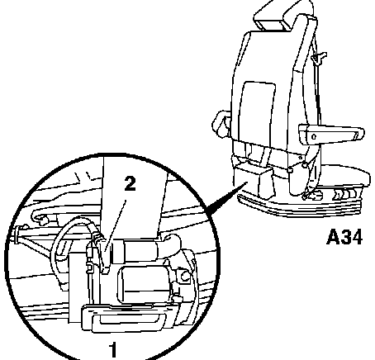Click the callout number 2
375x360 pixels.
tap(130, 184)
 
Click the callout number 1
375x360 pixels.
tap(113, 350)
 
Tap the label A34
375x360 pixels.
tap(344, 237)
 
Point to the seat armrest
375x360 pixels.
tap(331, 135)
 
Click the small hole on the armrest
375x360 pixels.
tap(313, 136)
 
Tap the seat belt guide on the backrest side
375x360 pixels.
tap(319, 58)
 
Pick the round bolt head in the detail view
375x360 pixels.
tap(184, 276)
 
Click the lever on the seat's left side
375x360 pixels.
tap(221, 124)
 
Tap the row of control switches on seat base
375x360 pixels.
tap(346, 194)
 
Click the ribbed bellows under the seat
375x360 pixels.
tap(299, 206)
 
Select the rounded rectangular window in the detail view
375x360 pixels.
tap(144, 284)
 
